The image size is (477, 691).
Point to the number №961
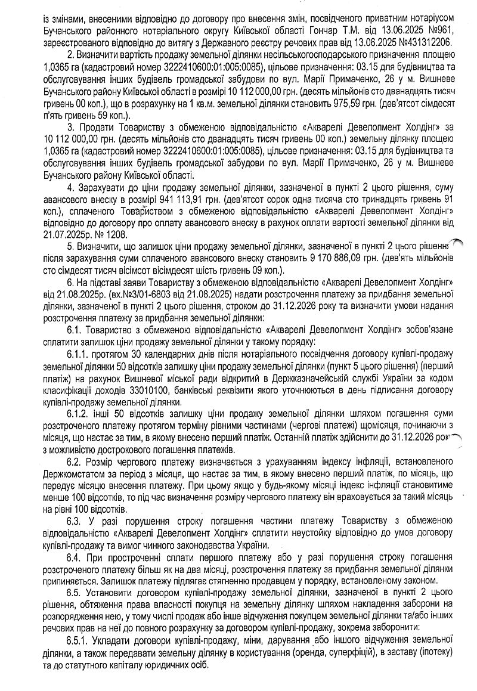(x=441, y=30)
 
